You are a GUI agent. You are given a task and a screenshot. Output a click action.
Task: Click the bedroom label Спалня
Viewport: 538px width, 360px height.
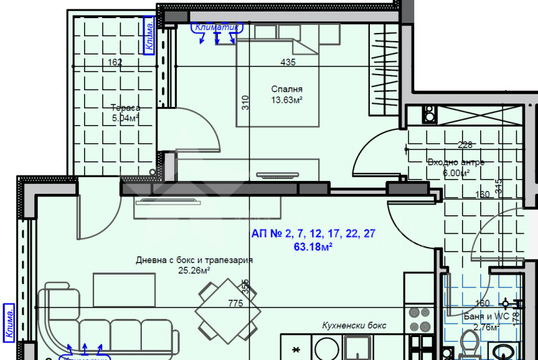click(x=286, y=89)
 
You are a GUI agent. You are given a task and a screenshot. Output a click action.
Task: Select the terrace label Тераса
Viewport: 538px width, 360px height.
click(x=125, y=108)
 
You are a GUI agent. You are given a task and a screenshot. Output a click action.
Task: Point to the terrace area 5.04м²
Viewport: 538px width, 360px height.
click(x=125, y=118)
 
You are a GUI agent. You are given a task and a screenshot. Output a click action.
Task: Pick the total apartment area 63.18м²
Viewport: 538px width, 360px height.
click(x=313, y=246)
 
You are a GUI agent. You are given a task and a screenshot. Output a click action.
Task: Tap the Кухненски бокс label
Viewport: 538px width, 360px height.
click(x=354, y=325)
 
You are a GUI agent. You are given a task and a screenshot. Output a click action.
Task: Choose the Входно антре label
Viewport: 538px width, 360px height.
click(x=456, y=162)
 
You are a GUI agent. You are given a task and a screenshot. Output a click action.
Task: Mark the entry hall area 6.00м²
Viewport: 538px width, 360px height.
click(x=456, y=173)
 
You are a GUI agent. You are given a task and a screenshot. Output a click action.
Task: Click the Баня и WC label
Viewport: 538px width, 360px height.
click(x=484, y=316)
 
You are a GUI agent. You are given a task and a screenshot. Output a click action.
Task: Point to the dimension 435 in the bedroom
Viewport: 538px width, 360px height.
click(x=288, y=63)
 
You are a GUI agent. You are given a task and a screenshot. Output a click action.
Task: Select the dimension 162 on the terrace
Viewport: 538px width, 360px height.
click(x=115, y=63)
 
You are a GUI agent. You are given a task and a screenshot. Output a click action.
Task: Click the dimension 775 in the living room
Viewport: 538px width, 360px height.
click(x=235, y=303)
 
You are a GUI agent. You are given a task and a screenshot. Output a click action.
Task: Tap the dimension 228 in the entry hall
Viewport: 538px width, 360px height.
click(x=465, y=145)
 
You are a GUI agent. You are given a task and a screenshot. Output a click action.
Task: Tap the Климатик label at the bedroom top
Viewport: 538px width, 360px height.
click(x=217, y=28)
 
